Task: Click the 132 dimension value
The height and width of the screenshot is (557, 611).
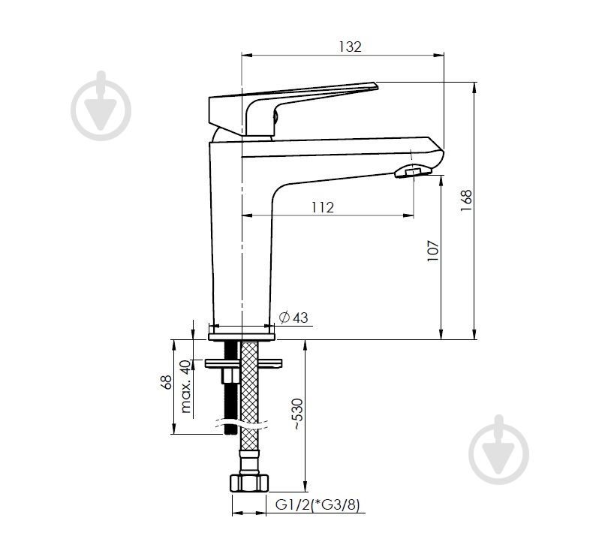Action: click(350, 47)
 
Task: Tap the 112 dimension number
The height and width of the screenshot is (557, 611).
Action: click(323, 207)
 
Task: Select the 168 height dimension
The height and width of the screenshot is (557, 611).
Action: click(466, 200)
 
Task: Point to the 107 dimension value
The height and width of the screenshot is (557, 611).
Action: click(433, 251)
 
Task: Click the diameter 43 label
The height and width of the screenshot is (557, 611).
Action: click(293, 318)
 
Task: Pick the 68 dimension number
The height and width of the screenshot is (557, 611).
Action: click(166, 382)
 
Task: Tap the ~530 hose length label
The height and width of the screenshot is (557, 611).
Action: click(297, 414)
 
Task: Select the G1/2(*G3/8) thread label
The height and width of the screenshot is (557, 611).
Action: click(318, 504)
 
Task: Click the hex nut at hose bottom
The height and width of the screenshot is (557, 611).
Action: click(249, 483)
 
